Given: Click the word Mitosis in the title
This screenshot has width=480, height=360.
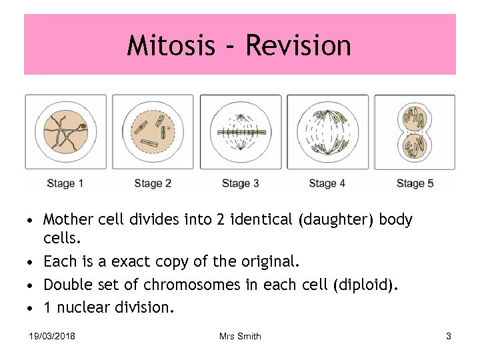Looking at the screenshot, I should click(x=172, y=45).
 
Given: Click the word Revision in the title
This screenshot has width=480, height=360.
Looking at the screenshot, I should click(x=298, y=45).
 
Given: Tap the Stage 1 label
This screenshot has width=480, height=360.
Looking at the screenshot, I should click(x=65, y=183).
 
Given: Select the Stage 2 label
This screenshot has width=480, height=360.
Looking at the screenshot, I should click(x=153, y=183).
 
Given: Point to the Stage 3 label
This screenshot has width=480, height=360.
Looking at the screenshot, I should click(x=240, y=183).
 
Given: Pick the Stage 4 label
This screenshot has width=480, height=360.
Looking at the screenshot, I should click(x=327, y=183).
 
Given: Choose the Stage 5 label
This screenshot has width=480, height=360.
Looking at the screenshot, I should click(x=415, y=183).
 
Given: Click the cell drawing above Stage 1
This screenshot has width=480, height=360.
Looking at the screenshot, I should click(x=65, y=131).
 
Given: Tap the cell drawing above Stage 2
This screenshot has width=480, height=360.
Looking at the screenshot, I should click(x=153, y=131).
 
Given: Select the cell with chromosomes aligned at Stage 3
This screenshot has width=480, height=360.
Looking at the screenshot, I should click(x=240, y=131).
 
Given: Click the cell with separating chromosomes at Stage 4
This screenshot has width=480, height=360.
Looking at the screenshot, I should click(x=327, y=131).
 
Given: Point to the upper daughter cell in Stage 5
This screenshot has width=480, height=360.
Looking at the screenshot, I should click(x=415, y=117).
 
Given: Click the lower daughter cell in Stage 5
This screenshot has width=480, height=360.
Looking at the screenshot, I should click(x=415, y=145).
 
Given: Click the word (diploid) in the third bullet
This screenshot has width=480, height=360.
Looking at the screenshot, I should click(x=365, y=285).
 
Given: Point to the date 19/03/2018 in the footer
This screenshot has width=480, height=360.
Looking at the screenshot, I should click(x=52, y=337).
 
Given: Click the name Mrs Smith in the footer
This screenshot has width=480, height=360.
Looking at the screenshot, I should click(x=240, y=337).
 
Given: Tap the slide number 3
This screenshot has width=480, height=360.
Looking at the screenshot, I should click(x=449, y=337).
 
